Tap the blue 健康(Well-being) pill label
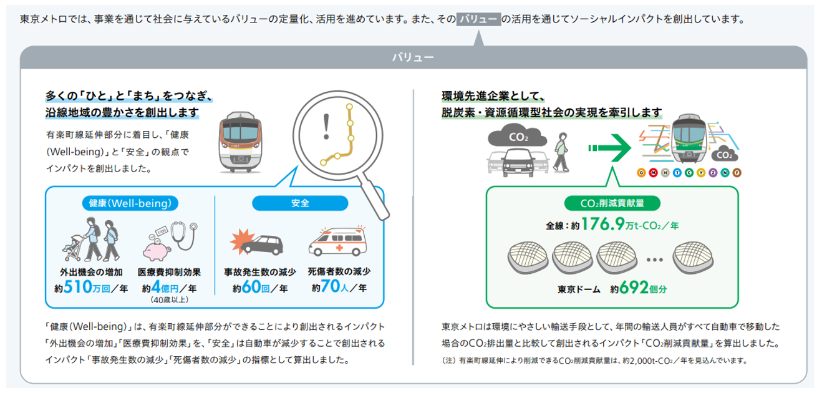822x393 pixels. pyautogui.click(x=130, y=203)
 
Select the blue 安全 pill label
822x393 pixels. pyautogui.click(x=299, y=203)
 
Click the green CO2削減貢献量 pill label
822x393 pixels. pyautogui.click(x=611, y=203)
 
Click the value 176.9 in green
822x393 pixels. pyautogui.click(x=604, y=225)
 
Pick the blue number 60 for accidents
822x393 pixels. pyautogui.click(x=252, y=288)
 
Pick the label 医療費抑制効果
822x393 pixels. pyautogui.click(x=168, y=273)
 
